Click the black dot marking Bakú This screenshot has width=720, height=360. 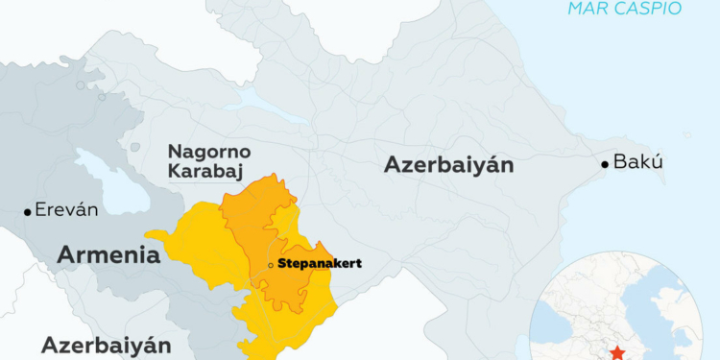(x=605, y=164)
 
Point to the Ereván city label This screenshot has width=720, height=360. (x=66, y=210)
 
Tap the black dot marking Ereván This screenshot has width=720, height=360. (x=27, y=211)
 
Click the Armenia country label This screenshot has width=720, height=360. (x=108, y=254)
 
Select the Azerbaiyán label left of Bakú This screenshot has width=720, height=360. (x=448, y=164)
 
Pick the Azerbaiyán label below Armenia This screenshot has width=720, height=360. (x=106, y=345)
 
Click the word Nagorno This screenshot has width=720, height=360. (x=208, y=152)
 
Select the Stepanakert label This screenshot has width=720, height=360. (x=319, y=263)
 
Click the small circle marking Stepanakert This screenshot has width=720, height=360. (x=271, y=264)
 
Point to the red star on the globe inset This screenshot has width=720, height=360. (x=615, y=352)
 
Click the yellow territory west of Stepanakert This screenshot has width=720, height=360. (x=197, y=254)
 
